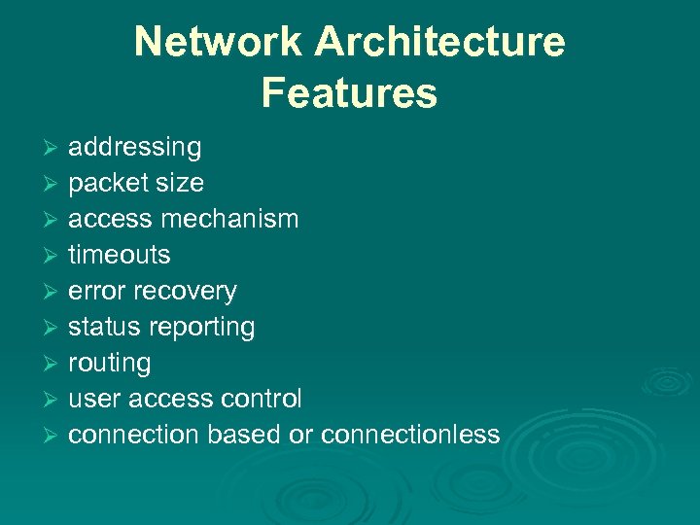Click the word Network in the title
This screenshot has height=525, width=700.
pos(219,43)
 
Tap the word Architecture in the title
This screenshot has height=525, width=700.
pos(439,43)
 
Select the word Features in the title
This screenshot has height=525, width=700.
pos(349,93)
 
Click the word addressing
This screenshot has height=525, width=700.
pos(134,148)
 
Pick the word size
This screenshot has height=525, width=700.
pos(181,183)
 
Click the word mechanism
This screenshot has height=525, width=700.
pos(229,219)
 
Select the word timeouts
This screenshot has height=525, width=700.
pos(119,255)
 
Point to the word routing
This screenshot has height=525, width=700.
pos(109,364)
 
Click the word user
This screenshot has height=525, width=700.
pos(92,399)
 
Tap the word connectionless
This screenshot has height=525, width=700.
pos(410,435)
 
